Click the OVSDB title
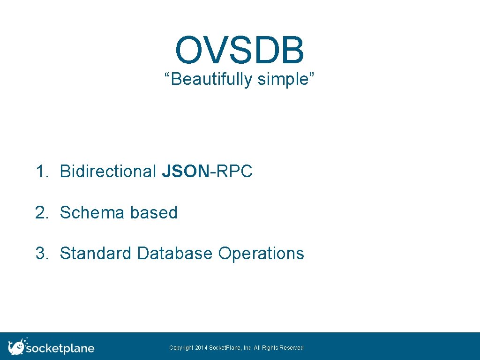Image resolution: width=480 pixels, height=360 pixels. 240,51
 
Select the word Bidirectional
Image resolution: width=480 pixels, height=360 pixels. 108,172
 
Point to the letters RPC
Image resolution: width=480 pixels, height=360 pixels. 234,172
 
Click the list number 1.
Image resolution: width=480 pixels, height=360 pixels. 42,172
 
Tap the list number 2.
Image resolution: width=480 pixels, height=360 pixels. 42,213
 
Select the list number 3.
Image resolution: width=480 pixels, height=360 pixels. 42,254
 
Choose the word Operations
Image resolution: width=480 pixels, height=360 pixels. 261,254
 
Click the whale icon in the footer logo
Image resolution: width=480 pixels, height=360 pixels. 17,346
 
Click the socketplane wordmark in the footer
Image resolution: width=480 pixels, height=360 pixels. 60,349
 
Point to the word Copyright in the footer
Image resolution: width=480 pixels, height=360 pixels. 181,348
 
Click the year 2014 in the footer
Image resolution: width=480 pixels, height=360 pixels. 202,348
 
